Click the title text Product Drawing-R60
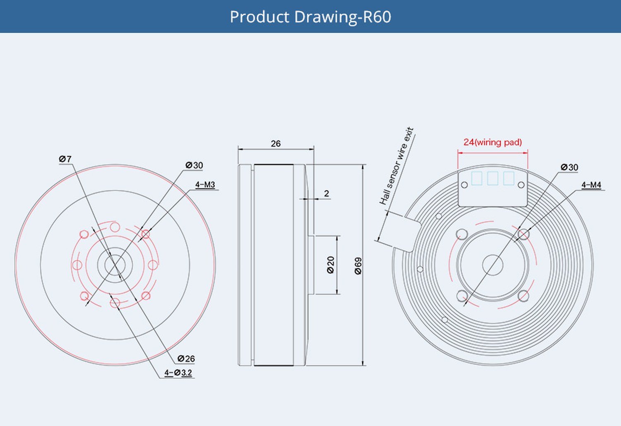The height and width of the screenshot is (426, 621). pos(310,17)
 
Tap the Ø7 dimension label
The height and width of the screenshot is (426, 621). pos(65,159)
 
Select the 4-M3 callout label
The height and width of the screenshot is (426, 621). pos(205,185)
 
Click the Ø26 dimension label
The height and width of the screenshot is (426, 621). pos(186,359)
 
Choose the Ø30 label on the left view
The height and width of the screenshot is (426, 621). pos(194,165)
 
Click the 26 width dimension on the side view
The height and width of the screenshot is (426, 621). pos(276,144)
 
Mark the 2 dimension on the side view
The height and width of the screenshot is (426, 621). pos(327,193)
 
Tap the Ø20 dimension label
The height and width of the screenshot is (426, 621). pos(330,265)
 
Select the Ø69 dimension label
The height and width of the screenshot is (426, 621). pos(358,266)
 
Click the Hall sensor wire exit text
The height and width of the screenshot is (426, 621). pos(397,166)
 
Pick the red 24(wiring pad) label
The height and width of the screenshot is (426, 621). pos(493,142)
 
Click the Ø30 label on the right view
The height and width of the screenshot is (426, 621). pos(569,167)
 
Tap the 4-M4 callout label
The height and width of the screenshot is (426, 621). pos(591,185)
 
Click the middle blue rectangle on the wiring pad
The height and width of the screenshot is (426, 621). pos(493,178)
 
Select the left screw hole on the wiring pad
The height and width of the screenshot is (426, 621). pos(465,185)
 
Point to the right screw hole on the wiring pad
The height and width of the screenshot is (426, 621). pos(521,185)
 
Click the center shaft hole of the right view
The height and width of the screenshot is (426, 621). pos(493,265)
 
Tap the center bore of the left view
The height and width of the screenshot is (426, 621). pos(115,265)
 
